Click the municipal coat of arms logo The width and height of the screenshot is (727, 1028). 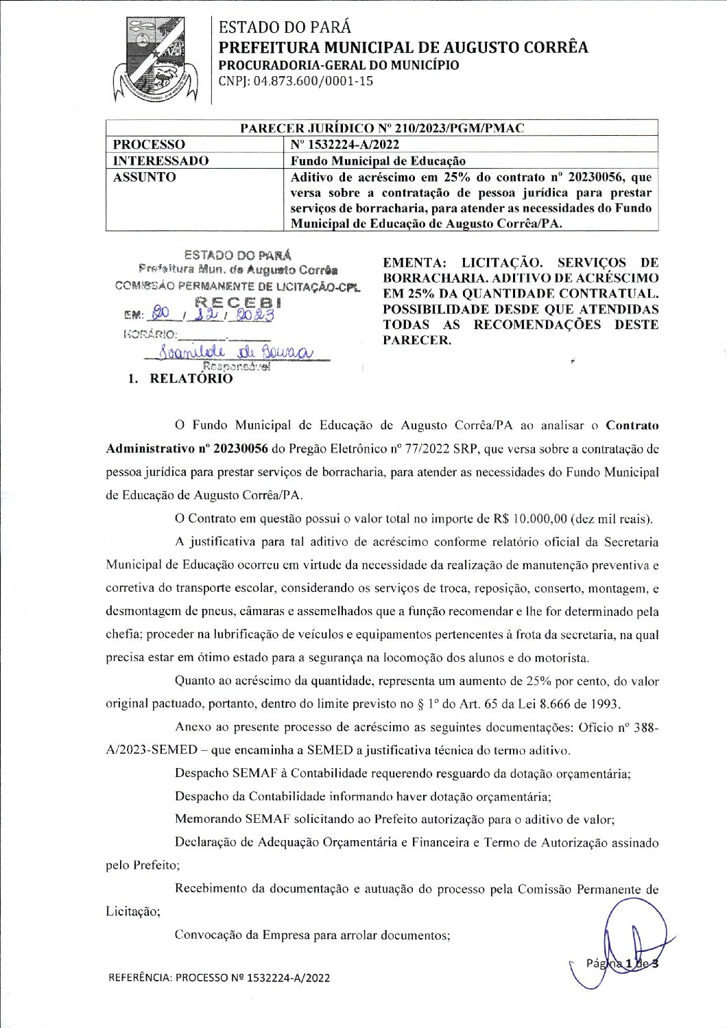point(158,60)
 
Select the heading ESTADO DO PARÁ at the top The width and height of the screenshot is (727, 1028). point(285,27)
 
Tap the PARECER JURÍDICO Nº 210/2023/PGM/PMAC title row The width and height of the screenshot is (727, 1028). point(381,128)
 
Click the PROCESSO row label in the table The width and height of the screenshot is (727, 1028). point(149,145)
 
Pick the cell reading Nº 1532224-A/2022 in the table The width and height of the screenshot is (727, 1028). point(344,145)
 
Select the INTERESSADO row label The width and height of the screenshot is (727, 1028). point(160,161)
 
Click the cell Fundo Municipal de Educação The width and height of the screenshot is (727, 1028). point(378,161)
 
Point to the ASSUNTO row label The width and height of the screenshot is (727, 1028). point(144,177)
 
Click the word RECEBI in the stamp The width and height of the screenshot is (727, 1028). point(238,302)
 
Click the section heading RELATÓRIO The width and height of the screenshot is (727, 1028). point(191,379)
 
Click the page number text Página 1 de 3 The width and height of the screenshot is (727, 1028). point(622,964)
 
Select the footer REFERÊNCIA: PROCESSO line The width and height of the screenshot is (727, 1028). point(219,978)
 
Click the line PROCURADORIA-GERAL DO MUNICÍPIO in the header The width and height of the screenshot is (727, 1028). point(339,65)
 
